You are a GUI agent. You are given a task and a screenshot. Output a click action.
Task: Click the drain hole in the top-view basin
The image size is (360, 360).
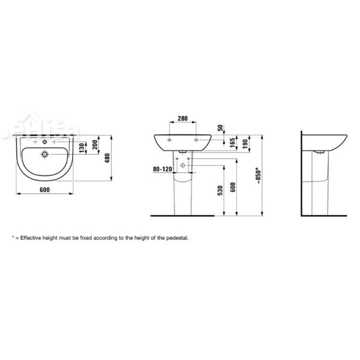click(x=44, y=154)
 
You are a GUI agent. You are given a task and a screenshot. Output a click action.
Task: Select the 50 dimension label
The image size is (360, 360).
click(x=221, y=128)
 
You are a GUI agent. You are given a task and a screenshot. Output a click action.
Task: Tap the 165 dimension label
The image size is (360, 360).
click(x=231, y=143)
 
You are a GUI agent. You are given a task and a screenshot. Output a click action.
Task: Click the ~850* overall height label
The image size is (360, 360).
click(x=259, y=174)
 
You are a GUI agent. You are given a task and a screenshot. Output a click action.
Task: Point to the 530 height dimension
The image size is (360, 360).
click(x=220, y=191)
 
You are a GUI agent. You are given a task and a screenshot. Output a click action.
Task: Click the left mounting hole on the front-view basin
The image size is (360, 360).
click(x=170, y=139)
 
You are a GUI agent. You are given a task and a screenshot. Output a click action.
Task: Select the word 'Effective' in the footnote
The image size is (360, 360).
click(x=31, y=238)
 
